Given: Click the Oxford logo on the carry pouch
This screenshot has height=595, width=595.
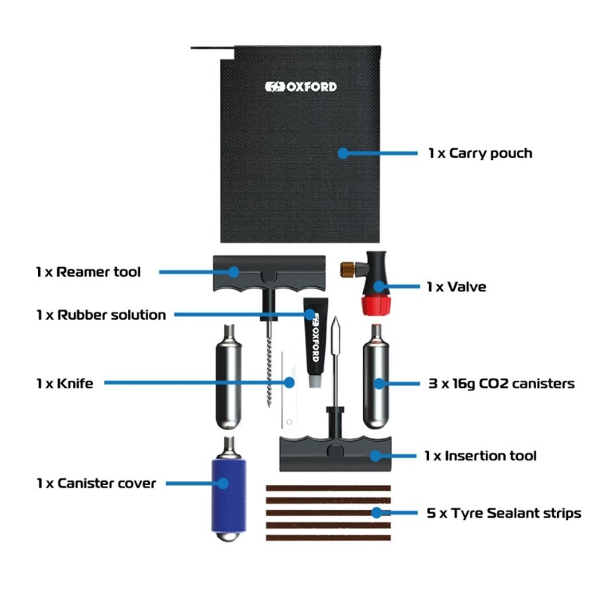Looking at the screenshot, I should [x=300, y=87].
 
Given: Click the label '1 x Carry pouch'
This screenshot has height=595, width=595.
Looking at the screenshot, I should [x=480, y=153].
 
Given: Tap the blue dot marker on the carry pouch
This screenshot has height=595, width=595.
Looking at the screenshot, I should [x=343, y=153].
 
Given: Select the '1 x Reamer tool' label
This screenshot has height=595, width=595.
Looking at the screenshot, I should [x=88, y=271].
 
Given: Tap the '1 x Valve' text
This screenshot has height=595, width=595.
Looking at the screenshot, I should [x=456, y=286].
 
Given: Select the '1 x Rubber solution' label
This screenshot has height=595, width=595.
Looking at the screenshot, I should [x=100, y=315].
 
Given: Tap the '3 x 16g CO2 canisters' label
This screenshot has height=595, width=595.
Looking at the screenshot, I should [x=500, y=384].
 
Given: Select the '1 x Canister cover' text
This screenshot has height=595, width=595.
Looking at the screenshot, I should [x=96, y=483].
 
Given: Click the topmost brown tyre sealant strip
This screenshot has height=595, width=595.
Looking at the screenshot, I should [x=328, y=488].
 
